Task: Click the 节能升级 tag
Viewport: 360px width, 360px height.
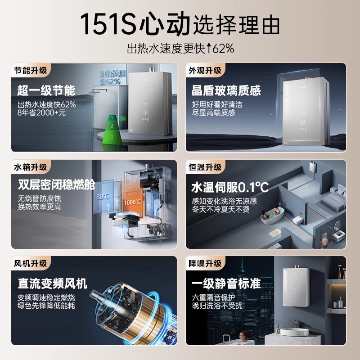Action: (x=30, y=71)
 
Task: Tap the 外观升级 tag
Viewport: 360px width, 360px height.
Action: (x=205, y=71)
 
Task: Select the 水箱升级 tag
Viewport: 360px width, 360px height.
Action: (x=30, y=167)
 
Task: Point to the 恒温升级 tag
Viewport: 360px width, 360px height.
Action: (x=205, y=167)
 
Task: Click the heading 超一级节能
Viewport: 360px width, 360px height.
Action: (x=46, y=90)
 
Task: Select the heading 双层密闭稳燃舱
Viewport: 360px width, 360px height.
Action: (x=57, y=185)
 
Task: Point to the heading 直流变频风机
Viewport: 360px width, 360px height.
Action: (x=52, y=283)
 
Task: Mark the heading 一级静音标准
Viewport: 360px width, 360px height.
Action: (x=226, y=283)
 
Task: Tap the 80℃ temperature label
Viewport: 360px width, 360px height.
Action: (x=103, y=197)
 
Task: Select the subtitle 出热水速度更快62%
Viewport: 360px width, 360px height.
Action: (x=180, y=48)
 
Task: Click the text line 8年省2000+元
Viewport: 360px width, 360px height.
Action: (x=41, y=113)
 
